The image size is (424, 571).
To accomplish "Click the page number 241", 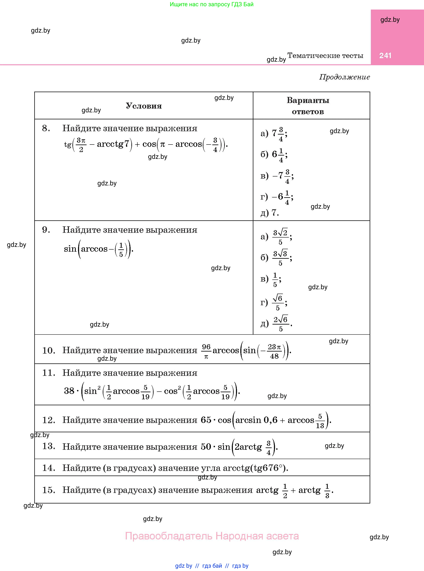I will click(385, 55).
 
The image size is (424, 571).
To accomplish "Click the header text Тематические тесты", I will click(325, 55).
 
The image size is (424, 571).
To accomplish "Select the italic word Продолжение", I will click(345, 77).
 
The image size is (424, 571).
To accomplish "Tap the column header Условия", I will click(144, 106).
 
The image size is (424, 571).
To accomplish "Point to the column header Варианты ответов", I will click(308, 106).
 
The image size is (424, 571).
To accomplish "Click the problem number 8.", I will click(46, 128).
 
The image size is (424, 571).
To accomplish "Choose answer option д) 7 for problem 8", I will click(270, 213).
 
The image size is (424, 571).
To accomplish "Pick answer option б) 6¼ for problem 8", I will click(274, 154).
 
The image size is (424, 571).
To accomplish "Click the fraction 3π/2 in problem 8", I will click(81, 145).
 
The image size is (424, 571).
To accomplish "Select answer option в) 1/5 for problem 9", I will click(271, 279).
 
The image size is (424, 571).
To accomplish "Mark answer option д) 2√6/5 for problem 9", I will click(276, 323).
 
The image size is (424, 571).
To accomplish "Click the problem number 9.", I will click(46, 230).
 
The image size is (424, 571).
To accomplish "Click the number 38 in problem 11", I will click(69, 391).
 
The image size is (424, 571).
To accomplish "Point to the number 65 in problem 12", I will click(206, 420).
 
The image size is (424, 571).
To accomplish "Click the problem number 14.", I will click(49, 468).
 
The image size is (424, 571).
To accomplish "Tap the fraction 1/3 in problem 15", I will click(327, 491).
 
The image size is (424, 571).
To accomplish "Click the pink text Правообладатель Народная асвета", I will click(212, 536).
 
